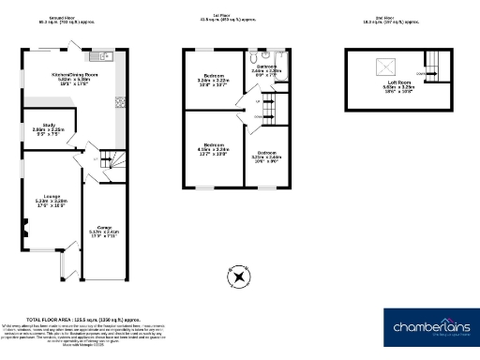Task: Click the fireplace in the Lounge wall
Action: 25,226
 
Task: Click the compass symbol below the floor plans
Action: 239,277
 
